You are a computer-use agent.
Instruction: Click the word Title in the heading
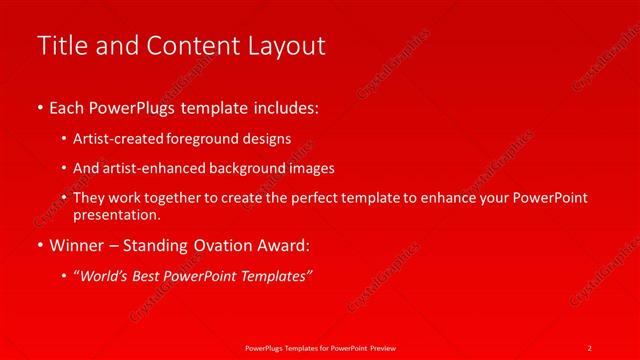pyautogui.click(x=61, y=46)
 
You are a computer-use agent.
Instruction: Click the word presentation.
pyautogui.click(x=116, y=214)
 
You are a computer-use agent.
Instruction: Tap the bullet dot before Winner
pyautogui.click(x=40, y=244)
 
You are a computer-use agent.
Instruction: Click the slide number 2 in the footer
pyautogui.click(x=589, y=347)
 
